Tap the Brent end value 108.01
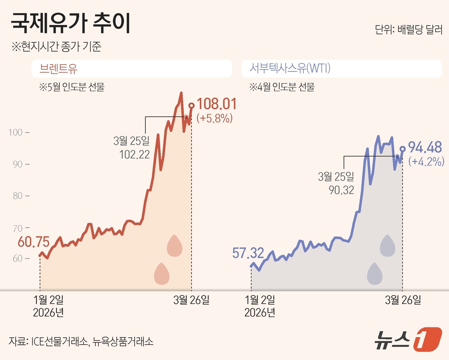point(216,104)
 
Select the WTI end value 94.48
point(425,147)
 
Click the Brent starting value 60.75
point(34,242)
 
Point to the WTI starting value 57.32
point(248,253)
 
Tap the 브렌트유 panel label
point(58,68)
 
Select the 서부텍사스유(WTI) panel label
point(290,68)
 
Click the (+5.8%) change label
point(215,118)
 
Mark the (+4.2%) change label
point(426,161)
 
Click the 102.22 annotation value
point(134,155)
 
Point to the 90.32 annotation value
point(341,190)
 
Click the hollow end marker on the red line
point(191,106)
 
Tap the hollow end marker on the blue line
point(403,149)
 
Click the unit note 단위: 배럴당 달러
point(409,30)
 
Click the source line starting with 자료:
point(81,341)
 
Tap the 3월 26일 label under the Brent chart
point(191,300)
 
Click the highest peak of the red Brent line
point(181,93)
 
